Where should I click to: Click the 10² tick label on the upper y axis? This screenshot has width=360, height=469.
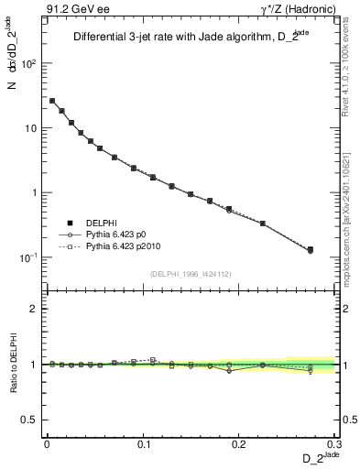tap(30, 65)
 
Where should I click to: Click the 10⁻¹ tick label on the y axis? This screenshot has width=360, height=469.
tap(30, 258)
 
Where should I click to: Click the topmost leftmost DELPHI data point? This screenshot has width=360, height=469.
tap(52, 101)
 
